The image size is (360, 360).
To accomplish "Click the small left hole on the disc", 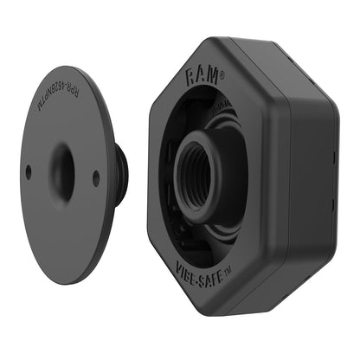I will point(29,172).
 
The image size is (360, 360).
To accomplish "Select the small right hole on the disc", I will point(96,177).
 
